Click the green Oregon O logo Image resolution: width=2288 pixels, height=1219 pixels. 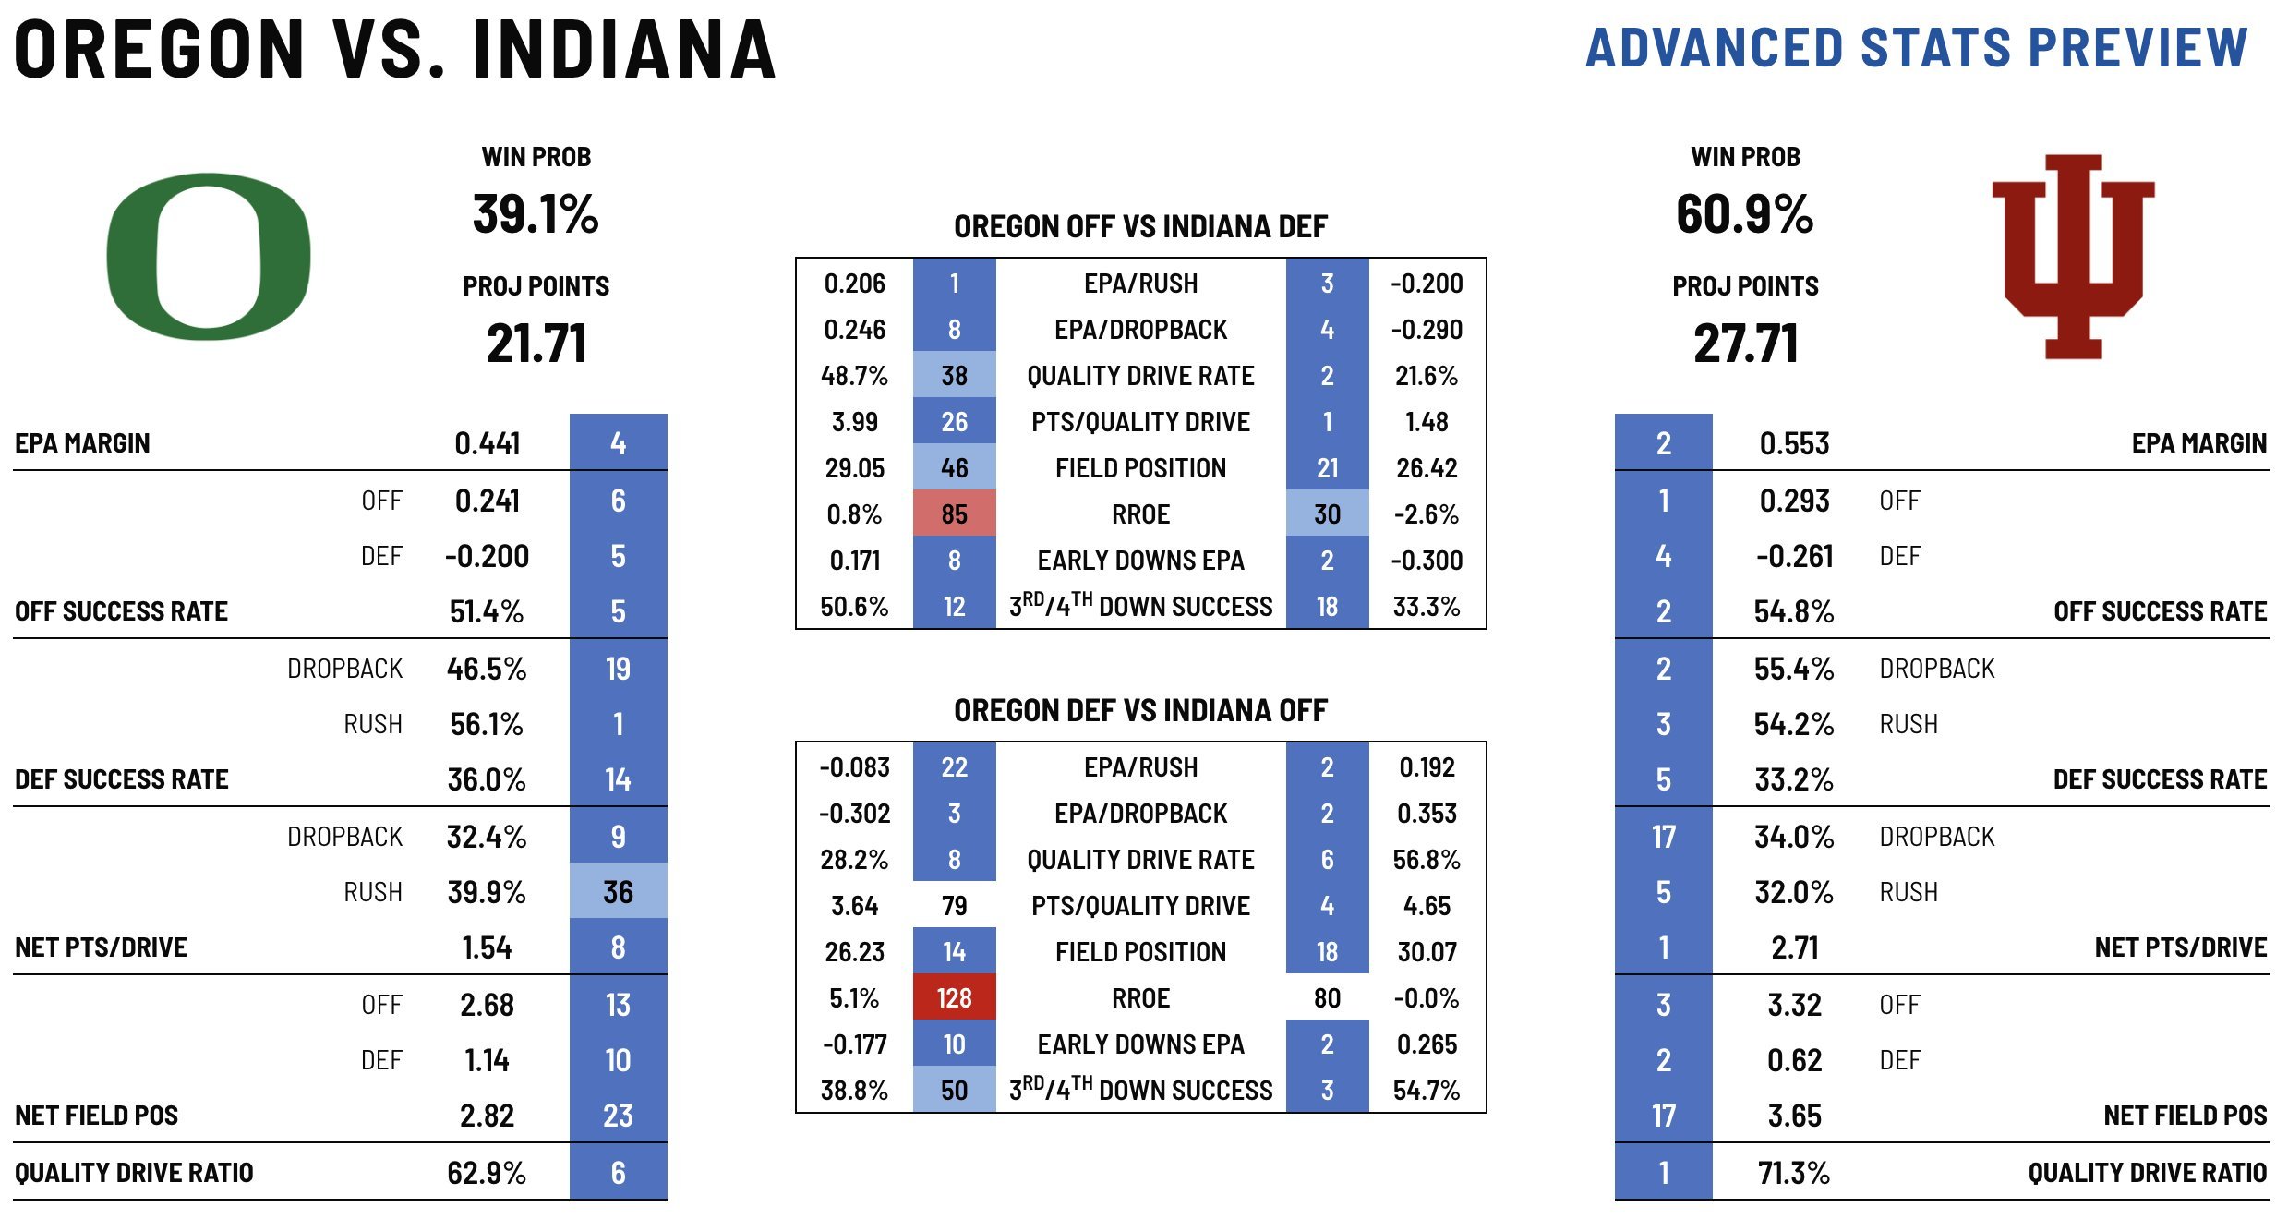tap(208, 256)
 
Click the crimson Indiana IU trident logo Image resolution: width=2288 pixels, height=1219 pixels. tap(2073, 256)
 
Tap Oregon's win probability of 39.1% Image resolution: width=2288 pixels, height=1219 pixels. tap(536, 214)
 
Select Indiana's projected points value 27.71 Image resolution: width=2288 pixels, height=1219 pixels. tap(1745, 344)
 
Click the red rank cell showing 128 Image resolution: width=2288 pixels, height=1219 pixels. tap(954, 998)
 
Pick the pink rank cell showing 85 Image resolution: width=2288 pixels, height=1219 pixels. tap(954, 514)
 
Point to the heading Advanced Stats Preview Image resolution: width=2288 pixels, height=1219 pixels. tap(1916, 48)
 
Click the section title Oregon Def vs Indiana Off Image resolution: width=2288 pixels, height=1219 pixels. tap(1140, 710)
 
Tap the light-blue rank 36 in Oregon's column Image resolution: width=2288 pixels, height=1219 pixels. tap(618, 892)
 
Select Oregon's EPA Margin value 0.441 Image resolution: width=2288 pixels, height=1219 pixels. tap(488, 443)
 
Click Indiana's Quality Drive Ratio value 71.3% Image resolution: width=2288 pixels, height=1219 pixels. tap(1794, 1173)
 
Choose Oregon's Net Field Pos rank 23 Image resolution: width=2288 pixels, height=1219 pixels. tap(618, 1116)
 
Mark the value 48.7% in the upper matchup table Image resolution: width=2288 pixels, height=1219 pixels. tap(854, 376)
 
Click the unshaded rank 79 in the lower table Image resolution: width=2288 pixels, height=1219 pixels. tap(954, 906)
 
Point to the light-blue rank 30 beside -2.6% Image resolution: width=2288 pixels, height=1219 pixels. tap(1327, 514)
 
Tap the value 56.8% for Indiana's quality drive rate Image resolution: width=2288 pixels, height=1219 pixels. tap(1427, 860)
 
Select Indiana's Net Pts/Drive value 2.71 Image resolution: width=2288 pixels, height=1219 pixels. tap(1794, 947)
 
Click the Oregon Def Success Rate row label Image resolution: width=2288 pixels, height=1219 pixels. tap(122, 779)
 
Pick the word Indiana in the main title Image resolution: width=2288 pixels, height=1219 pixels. tap(624, 50)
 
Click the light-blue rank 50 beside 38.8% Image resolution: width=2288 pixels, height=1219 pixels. tap(954, 1091)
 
